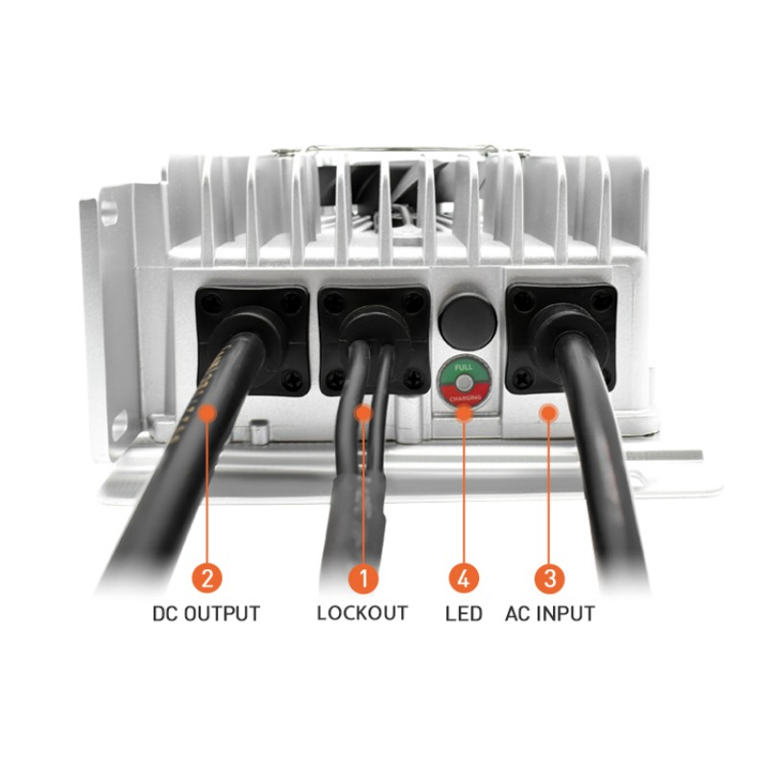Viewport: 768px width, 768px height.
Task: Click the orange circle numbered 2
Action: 207,579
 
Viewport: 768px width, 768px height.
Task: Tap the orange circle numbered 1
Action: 363,579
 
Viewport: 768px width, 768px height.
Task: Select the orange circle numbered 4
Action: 464,579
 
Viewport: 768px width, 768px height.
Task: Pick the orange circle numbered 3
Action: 549,579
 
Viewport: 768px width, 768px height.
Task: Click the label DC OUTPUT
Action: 206,613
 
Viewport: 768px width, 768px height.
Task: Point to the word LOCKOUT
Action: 362,612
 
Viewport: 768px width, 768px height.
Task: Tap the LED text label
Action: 464,612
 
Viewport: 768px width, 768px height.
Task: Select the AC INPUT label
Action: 549,612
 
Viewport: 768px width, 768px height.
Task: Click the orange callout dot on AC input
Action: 549,413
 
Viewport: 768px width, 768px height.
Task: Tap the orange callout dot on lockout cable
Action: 363,413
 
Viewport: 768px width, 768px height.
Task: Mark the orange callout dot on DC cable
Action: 207,413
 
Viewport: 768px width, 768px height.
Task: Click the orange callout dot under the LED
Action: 464,413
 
